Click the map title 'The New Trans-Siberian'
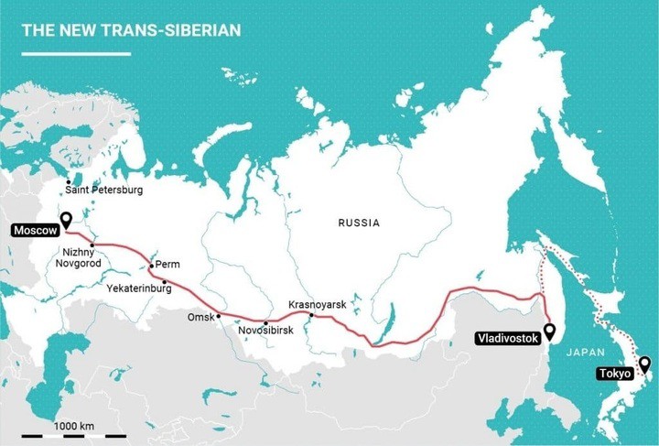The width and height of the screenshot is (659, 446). [131, 30]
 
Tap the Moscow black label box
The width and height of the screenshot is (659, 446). [35, 230]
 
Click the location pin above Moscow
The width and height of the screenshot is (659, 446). [66, 220]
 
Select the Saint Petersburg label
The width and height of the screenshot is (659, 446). [103, 190]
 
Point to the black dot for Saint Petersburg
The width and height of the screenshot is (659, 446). [70, 181]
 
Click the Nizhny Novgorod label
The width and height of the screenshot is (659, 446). [84, 257]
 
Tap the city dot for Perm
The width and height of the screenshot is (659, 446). [151, 266]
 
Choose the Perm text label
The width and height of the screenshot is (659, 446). [168, 265]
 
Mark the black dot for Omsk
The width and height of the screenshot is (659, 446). [219, 316]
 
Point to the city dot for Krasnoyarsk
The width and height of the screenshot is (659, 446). [311, 315]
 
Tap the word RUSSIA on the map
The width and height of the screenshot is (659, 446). [358, 223]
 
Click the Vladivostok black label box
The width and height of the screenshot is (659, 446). [506, 339]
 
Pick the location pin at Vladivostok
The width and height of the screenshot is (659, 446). [549, 330]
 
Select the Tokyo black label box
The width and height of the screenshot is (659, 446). [614, 374]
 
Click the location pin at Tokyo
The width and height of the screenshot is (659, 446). [644, 364]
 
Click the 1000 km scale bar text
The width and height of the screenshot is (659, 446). [74, 427]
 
